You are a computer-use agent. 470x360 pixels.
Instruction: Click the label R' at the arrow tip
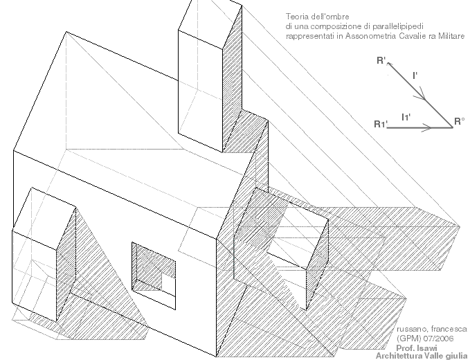(x=381, y=61)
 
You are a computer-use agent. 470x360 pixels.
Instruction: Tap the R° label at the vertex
(x=459, y=122)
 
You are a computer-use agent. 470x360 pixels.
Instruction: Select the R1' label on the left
(x=380, y=125)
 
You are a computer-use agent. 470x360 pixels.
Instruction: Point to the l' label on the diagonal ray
(x=415, y=74)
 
